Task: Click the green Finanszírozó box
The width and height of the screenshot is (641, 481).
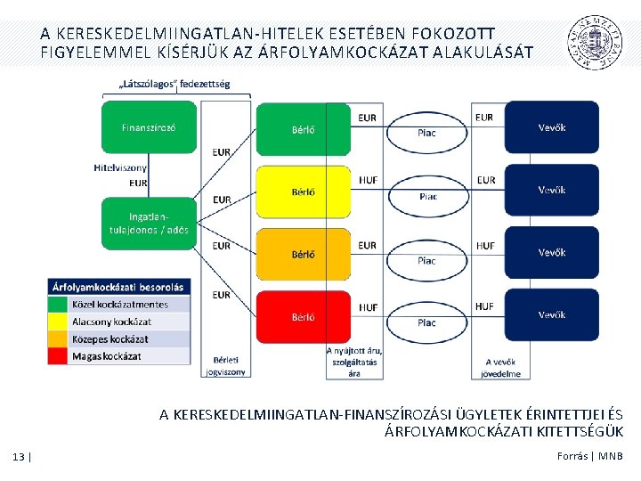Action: point(149,127)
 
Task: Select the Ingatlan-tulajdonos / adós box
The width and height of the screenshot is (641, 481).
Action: point(149,223)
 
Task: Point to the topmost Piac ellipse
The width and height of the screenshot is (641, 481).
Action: point(427,130)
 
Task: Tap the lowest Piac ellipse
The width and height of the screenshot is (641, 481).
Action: point(427,318)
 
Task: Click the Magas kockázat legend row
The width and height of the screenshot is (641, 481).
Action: point(119,356)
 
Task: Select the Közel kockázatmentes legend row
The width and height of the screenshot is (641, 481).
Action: point(119,304)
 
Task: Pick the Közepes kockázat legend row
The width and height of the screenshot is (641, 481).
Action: point(119,338)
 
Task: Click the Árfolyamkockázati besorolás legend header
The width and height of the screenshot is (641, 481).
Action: point(119,287)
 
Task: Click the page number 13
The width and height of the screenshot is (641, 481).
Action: point(20,457)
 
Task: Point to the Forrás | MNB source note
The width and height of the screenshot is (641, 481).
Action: point(590,456)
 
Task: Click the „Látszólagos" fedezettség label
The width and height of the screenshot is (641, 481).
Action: point(174,86)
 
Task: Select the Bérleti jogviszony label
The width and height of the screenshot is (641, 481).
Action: point(225,366)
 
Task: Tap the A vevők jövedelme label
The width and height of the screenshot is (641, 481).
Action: point(502,368)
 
